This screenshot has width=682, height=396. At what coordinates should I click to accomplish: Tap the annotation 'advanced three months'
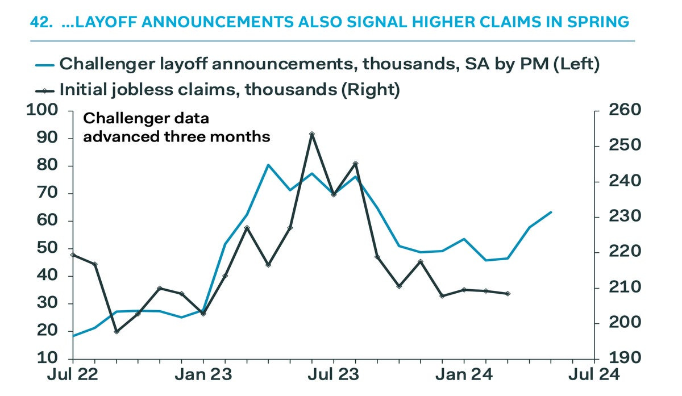point(177,137)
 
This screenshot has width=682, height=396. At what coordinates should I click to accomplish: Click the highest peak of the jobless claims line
point(312,134)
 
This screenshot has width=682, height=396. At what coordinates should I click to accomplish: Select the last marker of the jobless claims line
point(508,294)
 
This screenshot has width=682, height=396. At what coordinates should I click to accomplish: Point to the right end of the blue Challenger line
point(551,212)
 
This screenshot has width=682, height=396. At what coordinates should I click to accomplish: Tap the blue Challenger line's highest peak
point(268,165)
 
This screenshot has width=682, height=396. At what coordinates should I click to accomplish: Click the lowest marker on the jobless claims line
point(117,331)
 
